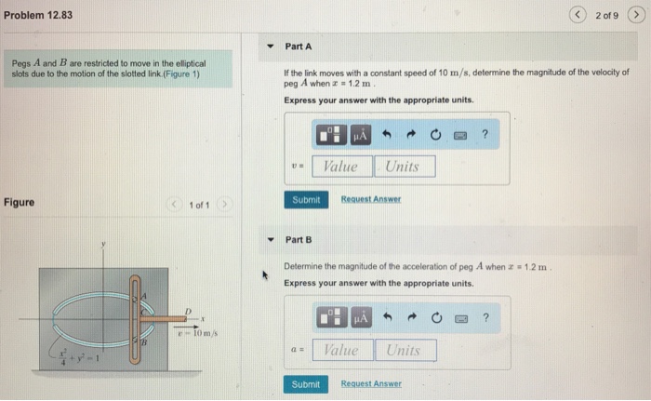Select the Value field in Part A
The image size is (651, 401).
coord(340,167)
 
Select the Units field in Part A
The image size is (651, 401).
coord(403,167)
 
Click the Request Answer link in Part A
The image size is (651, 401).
coord(371,199)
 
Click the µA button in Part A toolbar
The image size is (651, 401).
coord(361,136)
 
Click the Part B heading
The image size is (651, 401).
coord(299,239)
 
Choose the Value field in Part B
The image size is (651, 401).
coord(340,350)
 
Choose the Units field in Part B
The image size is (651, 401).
coord(403,350)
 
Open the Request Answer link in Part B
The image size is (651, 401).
coord(371,383)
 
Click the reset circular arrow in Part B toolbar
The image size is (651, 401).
coord(433,319)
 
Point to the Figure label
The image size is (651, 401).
coord(20,202)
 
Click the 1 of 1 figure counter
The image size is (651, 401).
coord(199,204)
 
